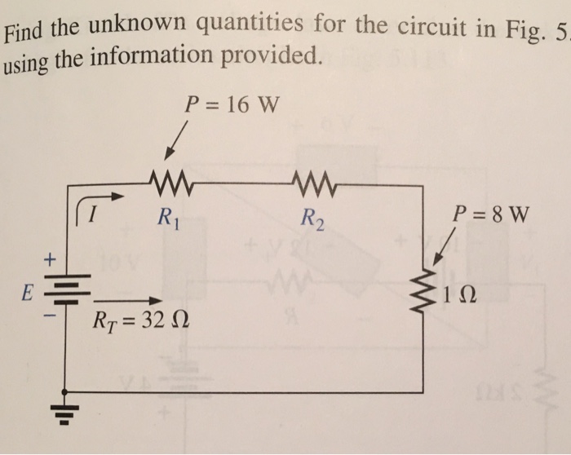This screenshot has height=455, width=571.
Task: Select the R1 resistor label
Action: (166, 217)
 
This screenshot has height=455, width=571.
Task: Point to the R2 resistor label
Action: (310, 218)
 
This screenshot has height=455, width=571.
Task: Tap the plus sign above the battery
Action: (48, 260)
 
